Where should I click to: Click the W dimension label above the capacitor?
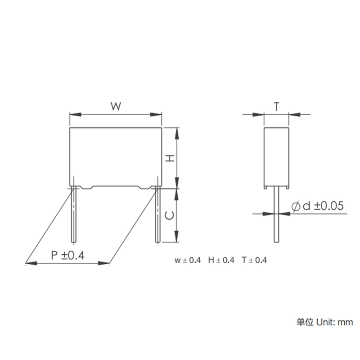(x=116, y=106)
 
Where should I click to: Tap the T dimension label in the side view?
(x=276, y=107)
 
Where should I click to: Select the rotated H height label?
(x=170, y=158)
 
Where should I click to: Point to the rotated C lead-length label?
(x=170, y=216)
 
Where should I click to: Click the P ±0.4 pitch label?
(x=68, y=255)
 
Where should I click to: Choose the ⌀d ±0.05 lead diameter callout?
(x=318, y=206)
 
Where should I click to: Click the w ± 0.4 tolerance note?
(x=188, y=261)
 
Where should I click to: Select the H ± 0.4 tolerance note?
(x=221, y=261)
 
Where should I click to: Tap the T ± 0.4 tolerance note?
(x=254, y=261)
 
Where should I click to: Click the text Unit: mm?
(x=334, y=322)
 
